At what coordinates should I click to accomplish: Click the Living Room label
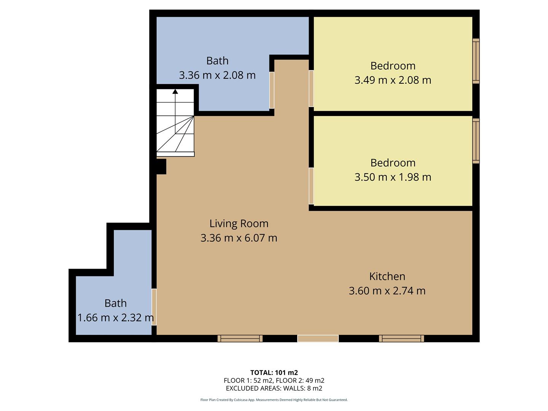click(x=239, y=223)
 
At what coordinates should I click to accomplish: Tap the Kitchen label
click(x=387, y=276)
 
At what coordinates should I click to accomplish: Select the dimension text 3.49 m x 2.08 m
click(x=393, y=80)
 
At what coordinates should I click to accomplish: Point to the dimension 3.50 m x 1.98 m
click(x=393, y=177)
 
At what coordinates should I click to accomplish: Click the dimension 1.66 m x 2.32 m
click(x=116, y=318)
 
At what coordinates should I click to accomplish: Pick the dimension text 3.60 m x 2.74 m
click(x=387, y=291)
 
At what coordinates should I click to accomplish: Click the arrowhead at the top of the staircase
click(x=175, y=91)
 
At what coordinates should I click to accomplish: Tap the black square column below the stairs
click(x=161, y=167)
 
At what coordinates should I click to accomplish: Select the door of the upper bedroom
click(x=311, y=88)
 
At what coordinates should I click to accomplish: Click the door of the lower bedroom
click(x=311, y=186)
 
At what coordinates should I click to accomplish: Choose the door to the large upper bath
click(x=272, y=90)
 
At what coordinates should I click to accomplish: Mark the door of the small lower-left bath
click(x=154, y=307)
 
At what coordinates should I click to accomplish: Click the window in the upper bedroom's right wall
click(x=476, y=61)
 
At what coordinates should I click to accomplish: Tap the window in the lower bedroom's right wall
click(x=476, y=141)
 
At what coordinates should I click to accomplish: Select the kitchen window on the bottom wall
click(x=401, y=339)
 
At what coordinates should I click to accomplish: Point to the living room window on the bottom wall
click(x=240, y=339)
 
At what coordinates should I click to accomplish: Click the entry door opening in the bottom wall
click(x=318, y=339)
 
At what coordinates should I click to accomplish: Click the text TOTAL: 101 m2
click(x=274, y=373)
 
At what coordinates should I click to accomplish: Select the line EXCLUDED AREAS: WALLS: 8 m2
click(x=274, y=389)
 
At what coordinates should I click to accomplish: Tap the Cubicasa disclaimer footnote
click(x=274, y=400)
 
